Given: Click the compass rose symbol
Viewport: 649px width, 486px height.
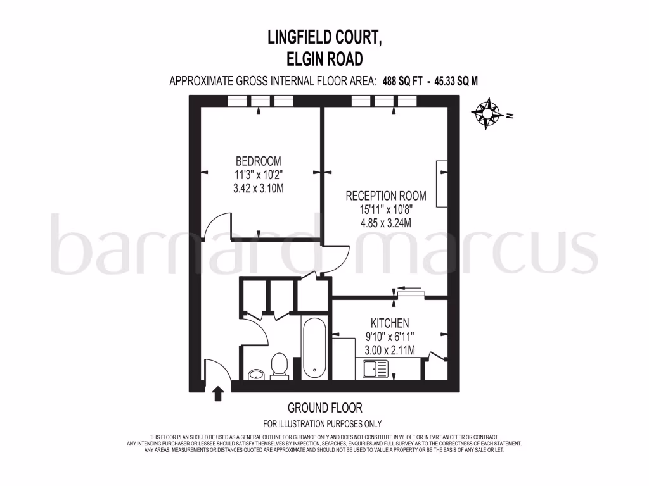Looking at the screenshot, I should (x=489, y=114).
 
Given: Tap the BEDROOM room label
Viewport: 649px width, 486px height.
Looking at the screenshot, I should (x=258, y=161).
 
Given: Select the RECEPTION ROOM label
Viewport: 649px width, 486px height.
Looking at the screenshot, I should (x=385, y=196).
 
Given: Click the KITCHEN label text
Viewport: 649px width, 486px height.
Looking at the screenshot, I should (x=390, y=323).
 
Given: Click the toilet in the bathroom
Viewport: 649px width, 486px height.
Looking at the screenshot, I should (x=279, y=366).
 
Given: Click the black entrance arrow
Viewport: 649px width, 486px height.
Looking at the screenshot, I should (x=217, y=394).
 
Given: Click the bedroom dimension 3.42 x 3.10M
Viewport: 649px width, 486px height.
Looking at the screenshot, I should (x=258, y=188).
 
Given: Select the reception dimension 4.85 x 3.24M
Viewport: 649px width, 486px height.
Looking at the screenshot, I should (x=385, y=223).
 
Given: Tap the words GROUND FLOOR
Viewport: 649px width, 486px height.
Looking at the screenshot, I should (x=324, y=408).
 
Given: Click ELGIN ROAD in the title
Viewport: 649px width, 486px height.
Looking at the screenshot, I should (x=324, y=59).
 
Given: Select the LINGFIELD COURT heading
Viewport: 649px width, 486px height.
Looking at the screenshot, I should (x=324, y=39).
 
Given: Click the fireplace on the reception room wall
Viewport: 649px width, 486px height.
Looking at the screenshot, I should (x=442, y=184).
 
